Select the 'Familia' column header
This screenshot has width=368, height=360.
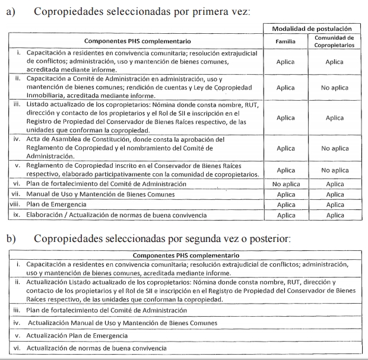[x=285, y=42]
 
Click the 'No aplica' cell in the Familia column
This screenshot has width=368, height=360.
[x=285, y=184]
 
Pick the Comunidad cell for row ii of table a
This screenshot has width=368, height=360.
[x=334, y=88]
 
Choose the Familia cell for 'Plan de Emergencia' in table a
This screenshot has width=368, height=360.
[x=285, y=205]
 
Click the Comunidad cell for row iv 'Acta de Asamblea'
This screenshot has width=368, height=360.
[x=334, y=149]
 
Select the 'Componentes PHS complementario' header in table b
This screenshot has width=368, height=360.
[x=183, y=255]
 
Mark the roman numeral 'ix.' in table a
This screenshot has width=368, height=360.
[x=18, y=215]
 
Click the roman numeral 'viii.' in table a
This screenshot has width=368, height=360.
[x=17, y=205]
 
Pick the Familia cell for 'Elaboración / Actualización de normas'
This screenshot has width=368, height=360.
[x=285, y=215]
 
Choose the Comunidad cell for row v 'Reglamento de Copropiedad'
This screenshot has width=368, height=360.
[x=334, y=170]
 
